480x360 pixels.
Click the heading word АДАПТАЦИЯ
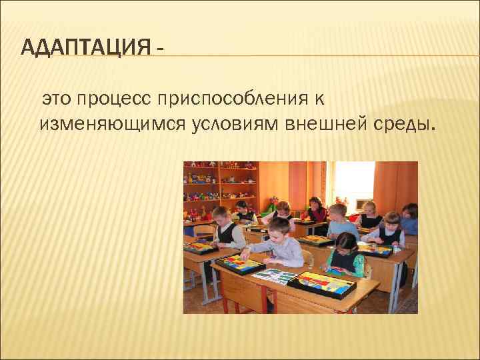tap(83, 48)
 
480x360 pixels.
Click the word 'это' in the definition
tap(56, 99)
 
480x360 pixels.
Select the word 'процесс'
tap(114, 99)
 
